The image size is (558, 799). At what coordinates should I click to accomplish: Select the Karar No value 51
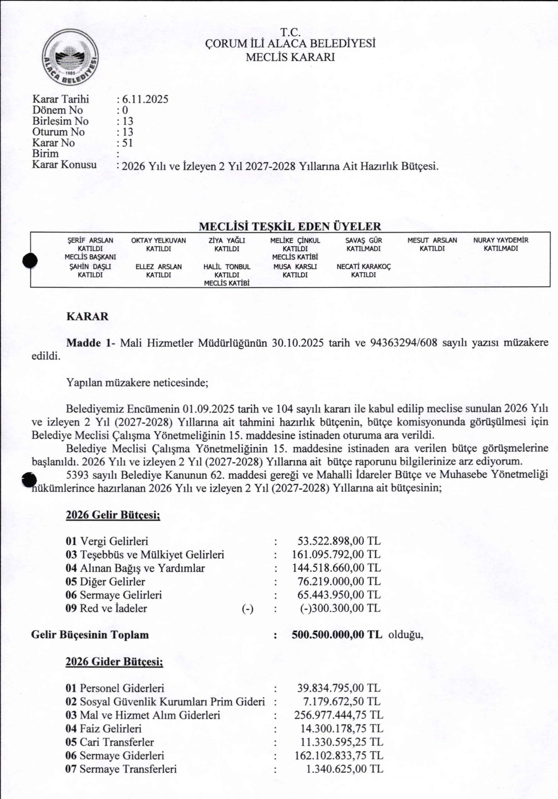[127, 143]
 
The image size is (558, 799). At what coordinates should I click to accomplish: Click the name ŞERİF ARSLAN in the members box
[90, 240]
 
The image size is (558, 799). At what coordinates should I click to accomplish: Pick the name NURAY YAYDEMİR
[501, 240]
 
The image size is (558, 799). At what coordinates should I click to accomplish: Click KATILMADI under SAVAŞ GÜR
[364, 249]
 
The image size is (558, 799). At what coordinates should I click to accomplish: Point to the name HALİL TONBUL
[227, 267]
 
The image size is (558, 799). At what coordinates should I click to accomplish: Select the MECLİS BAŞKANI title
[90, 257]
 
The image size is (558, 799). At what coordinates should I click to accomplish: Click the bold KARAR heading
[87, 317]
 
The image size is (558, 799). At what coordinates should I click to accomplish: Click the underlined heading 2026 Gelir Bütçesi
[113, 515]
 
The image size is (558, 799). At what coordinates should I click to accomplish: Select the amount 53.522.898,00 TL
[339, 541]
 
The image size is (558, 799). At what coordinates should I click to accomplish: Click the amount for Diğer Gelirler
[339, 581]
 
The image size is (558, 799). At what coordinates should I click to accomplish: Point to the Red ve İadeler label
[113, 608]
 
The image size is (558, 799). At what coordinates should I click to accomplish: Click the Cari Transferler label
[117, 742]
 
